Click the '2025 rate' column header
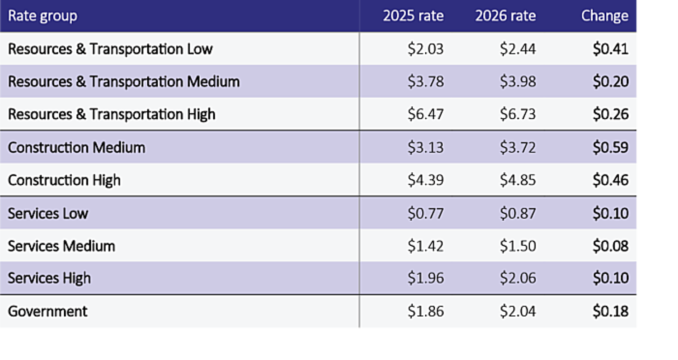413,16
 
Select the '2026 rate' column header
505,16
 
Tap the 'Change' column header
605,16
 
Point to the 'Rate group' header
42,16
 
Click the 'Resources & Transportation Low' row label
110,49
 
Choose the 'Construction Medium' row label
77,148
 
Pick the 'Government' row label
48,311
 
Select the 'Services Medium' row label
61,246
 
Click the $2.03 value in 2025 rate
425,49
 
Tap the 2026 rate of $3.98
518,82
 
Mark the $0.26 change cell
611,114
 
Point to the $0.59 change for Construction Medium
611,148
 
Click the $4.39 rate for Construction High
425,180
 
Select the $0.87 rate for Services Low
518,213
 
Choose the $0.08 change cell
611,246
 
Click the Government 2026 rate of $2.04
518,311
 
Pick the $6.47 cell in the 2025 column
425,114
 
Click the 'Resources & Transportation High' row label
112,114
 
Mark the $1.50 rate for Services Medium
518,246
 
